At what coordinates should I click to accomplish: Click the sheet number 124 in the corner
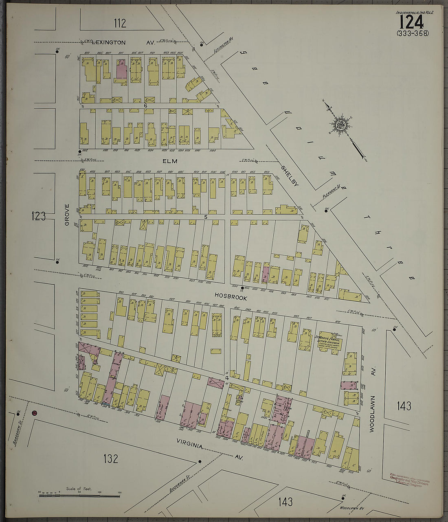[x=412, y=22]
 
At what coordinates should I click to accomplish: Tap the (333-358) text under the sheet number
[x=412, y=33]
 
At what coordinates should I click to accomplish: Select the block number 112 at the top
[x=120, y=23]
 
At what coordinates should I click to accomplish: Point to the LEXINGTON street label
[x=109, y=42]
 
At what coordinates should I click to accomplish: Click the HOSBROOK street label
[x=232, y=298]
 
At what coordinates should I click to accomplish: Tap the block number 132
[x=110, y=459]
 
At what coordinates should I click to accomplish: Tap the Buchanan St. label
[x=174, y=483]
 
